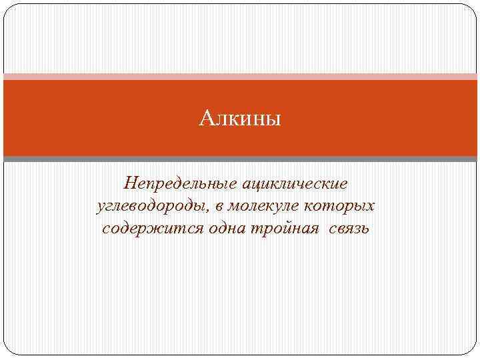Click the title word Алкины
coord(241,120)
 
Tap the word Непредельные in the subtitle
coord(176,183)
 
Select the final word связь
coord(346,229)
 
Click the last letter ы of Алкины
coord(275,121)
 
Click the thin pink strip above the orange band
coord(240,76)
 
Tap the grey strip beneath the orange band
coord(240,159)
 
